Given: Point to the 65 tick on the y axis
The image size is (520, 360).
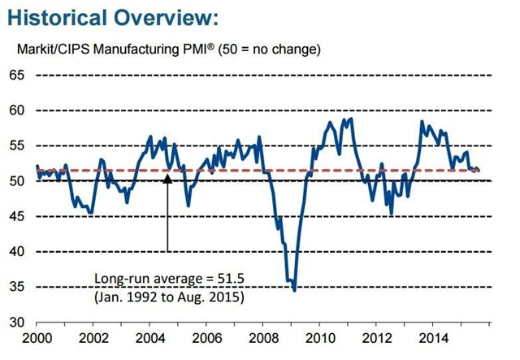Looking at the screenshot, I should coord(18,76).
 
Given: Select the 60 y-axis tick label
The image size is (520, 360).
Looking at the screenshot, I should coord(18,111).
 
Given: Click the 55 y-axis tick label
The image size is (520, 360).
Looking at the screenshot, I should coord(18,145).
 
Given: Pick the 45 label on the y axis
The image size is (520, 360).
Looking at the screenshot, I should coord(18,217).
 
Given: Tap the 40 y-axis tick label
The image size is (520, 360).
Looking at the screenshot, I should coord(18,252).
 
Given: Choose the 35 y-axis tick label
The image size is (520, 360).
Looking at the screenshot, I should coord(18,288).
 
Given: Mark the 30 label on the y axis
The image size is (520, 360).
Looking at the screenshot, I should coord(18,323).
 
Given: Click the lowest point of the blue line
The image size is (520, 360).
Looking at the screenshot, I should coord(294,290).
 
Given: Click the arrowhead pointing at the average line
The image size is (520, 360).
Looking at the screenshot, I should coord(167,176).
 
